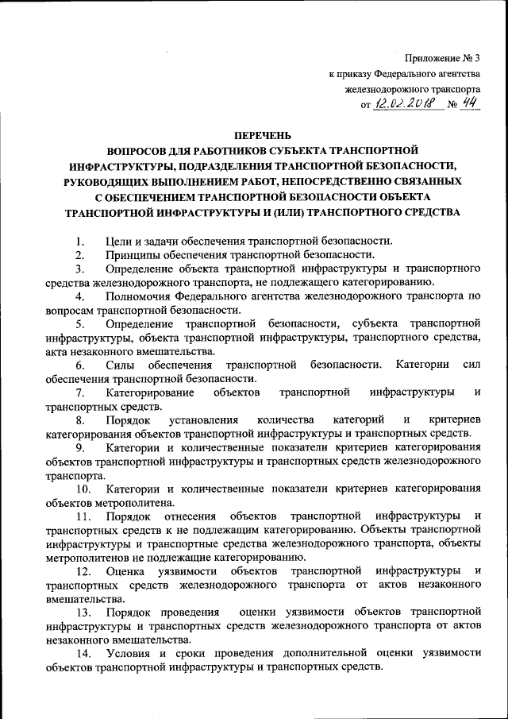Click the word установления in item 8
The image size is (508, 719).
tap(200, 419)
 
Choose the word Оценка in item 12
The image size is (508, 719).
tap(124, 571)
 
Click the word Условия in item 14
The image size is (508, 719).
tap(127, 652)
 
